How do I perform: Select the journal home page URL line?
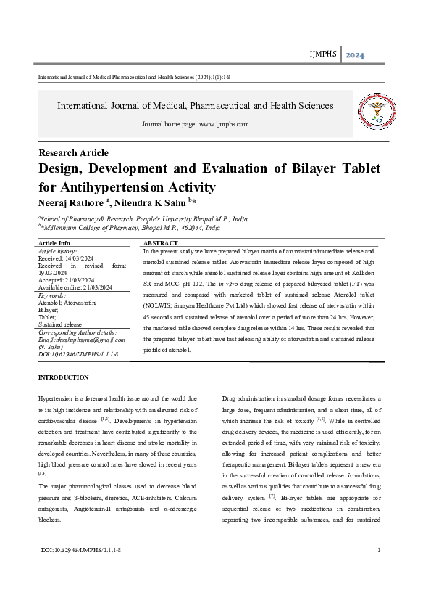195,124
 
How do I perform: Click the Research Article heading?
73,153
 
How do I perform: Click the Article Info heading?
54,243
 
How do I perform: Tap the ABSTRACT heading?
161,243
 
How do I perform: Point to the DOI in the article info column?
78,354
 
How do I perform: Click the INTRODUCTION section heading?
63,377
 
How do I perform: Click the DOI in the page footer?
81,572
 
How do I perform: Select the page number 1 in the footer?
379,572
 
